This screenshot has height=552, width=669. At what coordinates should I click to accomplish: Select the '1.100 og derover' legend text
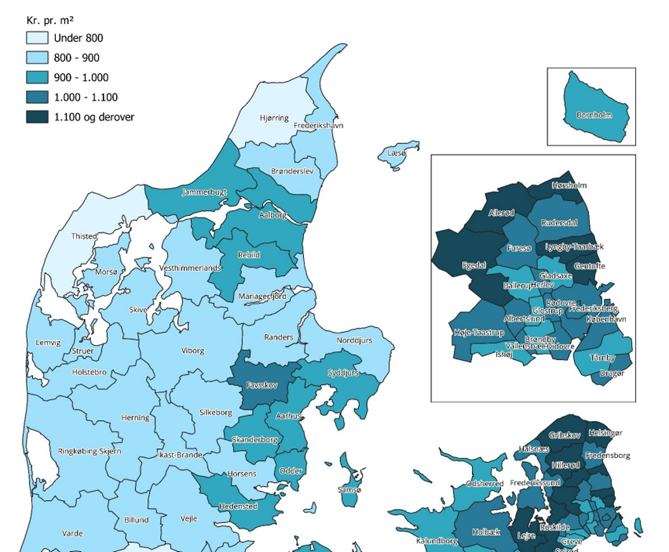coord(94,117)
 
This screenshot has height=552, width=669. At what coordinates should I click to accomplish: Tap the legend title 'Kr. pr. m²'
coord(50,20)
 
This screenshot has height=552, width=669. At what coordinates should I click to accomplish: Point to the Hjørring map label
coord(274,118)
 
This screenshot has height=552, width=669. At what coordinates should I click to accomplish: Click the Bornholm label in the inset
coord(593,115)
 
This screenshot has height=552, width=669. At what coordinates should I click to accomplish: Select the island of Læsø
coord(398,153)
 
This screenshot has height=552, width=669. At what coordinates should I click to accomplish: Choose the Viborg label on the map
coord(193,351)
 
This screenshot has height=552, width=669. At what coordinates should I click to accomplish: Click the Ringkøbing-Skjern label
coord(90,451)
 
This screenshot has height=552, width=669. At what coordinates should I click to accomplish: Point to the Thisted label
coord(84,236)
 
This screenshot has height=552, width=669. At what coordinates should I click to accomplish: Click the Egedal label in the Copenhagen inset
coord(474,265)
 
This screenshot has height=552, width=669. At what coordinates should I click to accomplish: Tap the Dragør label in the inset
coord(612,373)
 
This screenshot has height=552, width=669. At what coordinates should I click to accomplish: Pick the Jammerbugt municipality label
coord(204,192)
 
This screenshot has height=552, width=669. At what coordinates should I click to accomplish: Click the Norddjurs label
coord(354,340)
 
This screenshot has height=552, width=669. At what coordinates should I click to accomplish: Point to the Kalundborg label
coord(436,541)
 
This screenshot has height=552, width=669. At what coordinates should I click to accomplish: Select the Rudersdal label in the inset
coord(559,223)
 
